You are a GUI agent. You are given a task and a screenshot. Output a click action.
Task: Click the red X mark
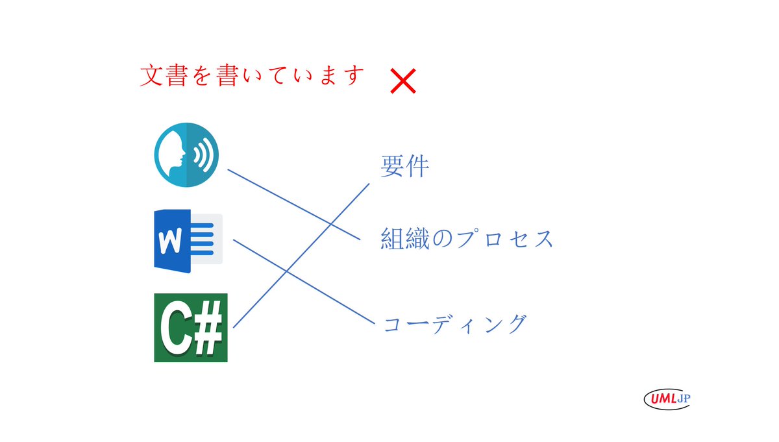403,82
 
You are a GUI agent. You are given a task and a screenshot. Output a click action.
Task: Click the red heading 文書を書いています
250,76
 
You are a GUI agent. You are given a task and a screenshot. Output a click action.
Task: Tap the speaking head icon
186,156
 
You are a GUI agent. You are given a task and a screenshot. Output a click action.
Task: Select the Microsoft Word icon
188,239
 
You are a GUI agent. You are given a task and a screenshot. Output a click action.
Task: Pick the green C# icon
191,328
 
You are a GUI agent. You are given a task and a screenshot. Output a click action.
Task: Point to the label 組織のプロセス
467,239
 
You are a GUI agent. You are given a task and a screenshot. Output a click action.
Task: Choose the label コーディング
454,323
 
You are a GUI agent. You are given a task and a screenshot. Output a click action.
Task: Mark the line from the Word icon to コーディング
304,281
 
